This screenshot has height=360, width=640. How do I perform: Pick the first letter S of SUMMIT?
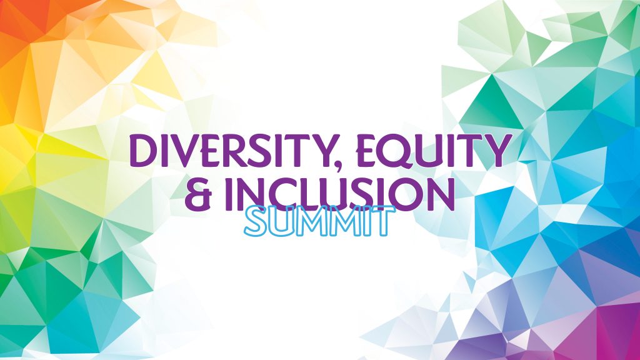pos(254,223)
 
